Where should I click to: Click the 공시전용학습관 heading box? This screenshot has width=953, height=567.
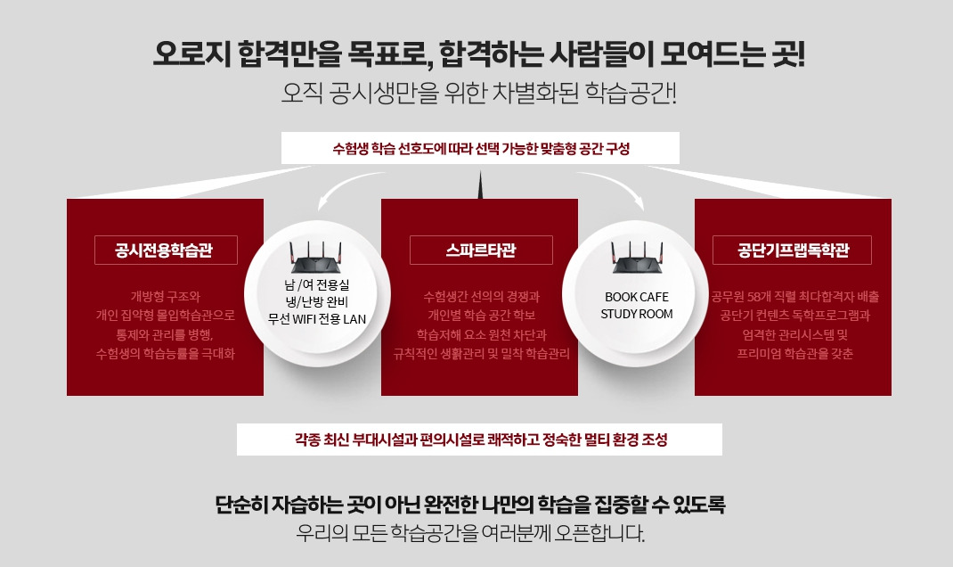coord(166,250)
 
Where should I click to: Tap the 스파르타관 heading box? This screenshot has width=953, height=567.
coord(481,250)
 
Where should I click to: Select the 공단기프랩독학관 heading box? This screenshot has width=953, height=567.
coord(792,250)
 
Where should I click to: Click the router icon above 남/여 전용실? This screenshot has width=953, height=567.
coord(315,258)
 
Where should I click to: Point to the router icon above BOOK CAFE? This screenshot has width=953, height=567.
coord(636,258)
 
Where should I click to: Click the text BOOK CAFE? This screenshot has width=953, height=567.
coord(636,297)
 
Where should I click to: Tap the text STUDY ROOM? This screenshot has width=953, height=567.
coord(636,314)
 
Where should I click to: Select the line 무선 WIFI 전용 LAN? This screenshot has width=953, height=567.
coord(317,319)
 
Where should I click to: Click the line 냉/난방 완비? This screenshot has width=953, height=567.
coord(317,301)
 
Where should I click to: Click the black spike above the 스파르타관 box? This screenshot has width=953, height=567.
coord(479,185)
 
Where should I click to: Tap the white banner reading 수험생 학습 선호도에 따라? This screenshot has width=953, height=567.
coord(480,148)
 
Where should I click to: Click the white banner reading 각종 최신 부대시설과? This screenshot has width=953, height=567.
coord(479,440)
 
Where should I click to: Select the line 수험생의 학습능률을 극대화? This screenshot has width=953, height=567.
coord(166,353)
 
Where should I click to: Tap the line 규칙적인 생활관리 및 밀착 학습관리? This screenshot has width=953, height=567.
coord(481,353)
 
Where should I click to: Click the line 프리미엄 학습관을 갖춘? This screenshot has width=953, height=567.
coord(795,353)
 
